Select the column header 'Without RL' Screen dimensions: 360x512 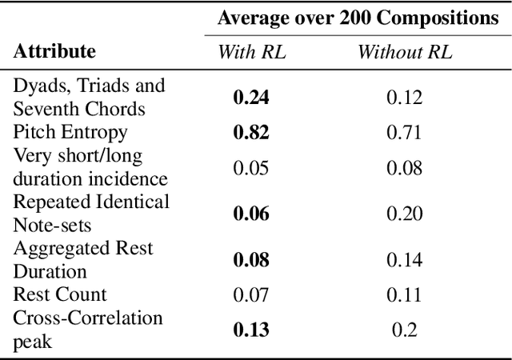[405, 53]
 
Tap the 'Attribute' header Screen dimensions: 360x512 [54, 52]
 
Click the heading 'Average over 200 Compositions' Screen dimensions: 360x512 [358, 18]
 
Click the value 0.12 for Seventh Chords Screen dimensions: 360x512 [405, 98]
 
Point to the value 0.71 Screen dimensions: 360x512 [405, 132]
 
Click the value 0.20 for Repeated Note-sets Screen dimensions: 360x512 [405, 214]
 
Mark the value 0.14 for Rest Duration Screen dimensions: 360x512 [405, 260]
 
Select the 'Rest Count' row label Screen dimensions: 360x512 [60, 294]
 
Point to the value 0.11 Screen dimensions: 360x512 [405, 294]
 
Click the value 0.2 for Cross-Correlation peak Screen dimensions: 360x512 [405, 330]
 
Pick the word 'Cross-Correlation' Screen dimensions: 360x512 [88, 318]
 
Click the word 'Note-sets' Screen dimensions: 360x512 [51, 224]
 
